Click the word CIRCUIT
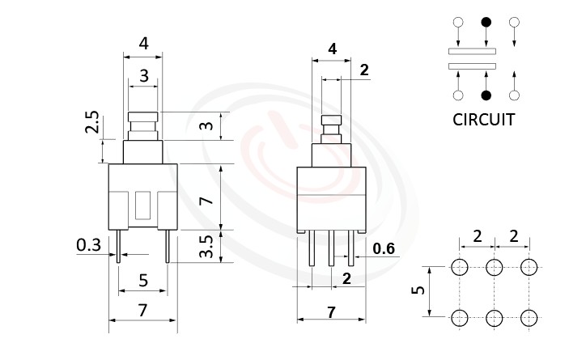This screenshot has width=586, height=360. pyautogui.click(x=484, y=121)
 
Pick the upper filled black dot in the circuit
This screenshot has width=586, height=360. pyautogui.click(x=486, y=22)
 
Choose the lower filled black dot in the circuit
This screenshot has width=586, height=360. pyautogui.click(x=486, y=95)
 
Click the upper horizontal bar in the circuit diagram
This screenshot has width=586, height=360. pyautogui.click(x=472, y=50)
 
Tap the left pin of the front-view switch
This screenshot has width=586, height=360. pyautogui.click(x=119, y=246)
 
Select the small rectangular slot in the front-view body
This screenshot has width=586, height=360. pyautogui.click(x=143, y=205)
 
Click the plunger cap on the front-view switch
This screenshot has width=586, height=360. pyautogui.click(x=142, y=122)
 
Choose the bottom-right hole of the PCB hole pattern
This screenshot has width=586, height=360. pyautogui.click(x=529, y=316)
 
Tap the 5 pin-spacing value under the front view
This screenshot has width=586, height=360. pyautogui.click(x=143, y=281)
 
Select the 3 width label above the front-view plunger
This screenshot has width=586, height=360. pyautogui.click(x=143, y=77)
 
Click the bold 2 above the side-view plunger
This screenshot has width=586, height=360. pyautogui.click(x=363, y=70)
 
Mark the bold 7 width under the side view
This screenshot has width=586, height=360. pyautogui.click(x=331, y=311)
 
